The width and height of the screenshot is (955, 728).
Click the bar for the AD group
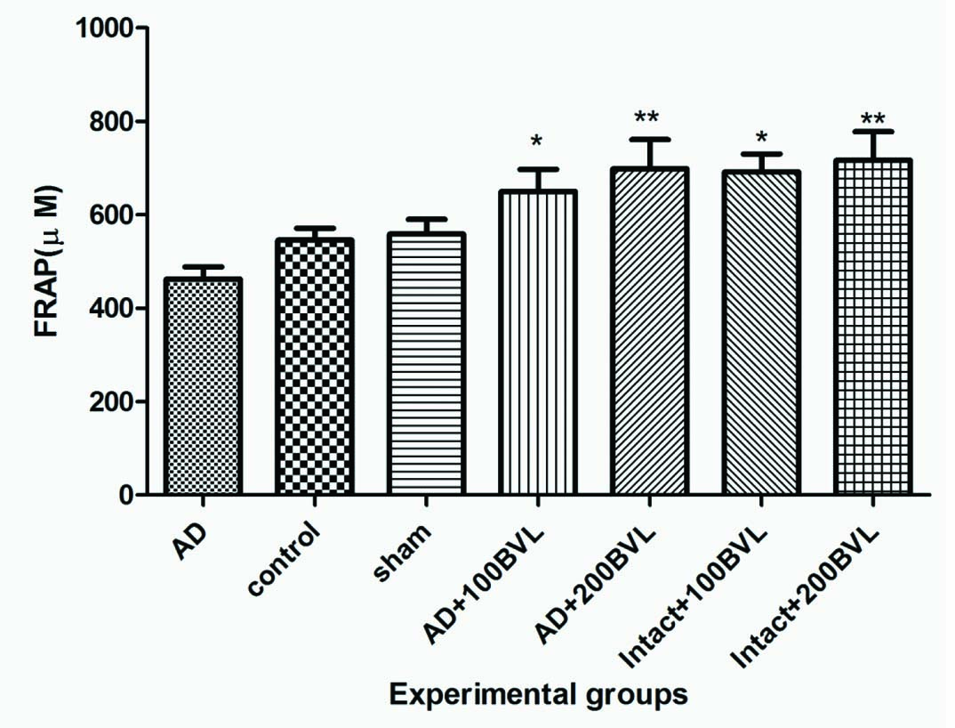tap(202, 387)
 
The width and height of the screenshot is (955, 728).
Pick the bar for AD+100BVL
tap(537, 344)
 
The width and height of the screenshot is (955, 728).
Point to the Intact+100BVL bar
tap(760, 334)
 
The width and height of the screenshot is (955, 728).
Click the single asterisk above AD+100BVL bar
tap(537, 142)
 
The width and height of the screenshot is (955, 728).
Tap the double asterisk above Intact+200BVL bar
tap(872, 118)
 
